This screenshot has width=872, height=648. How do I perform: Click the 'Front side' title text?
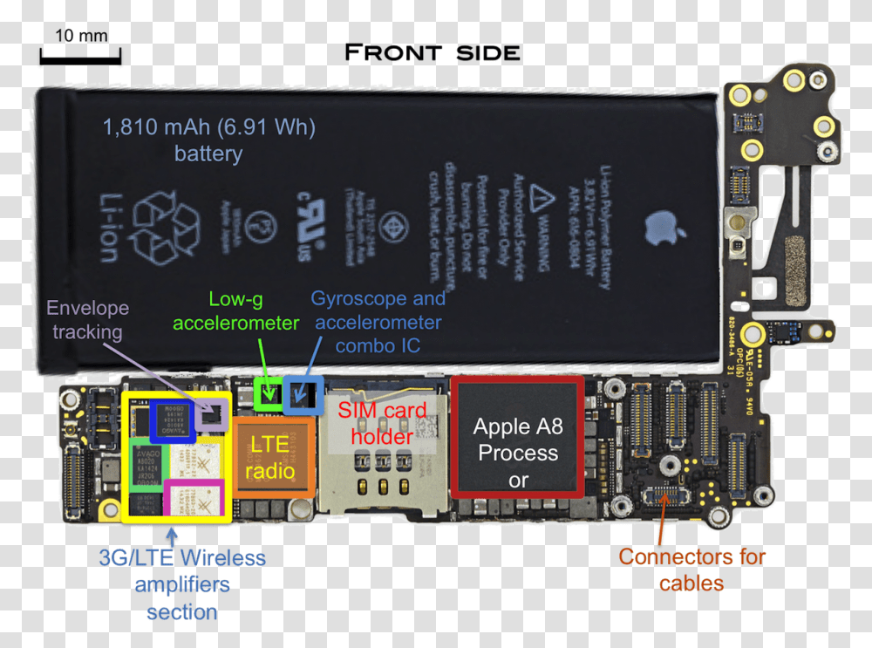click(x=433, y=53)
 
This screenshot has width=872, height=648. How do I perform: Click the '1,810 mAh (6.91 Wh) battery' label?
click(x=208, y=140)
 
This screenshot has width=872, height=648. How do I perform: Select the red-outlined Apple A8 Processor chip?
click(x=518, y=437)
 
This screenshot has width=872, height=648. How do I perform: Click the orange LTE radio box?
click(x=270, y=457)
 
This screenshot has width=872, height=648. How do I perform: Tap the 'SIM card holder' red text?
click(x=382, y=423)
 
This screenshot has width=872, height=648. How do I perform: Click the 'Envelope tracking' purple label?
click(x=87, y=319)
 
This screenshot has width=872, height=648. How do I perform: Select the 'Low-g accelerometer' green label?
click(x=235, y=311)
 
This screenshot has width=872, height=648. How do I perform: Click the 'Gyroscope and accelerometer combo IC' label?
click(x=378, y=322)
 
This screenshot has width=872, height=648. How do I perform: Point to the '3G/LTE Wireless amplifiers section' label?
click(x=181, y=584)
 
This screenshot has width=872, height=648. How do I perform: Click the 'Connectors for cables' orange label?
click(x=691, y=570)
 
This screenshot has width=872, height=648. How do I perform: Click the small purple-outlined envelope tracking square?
click(x=212, y=414)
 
